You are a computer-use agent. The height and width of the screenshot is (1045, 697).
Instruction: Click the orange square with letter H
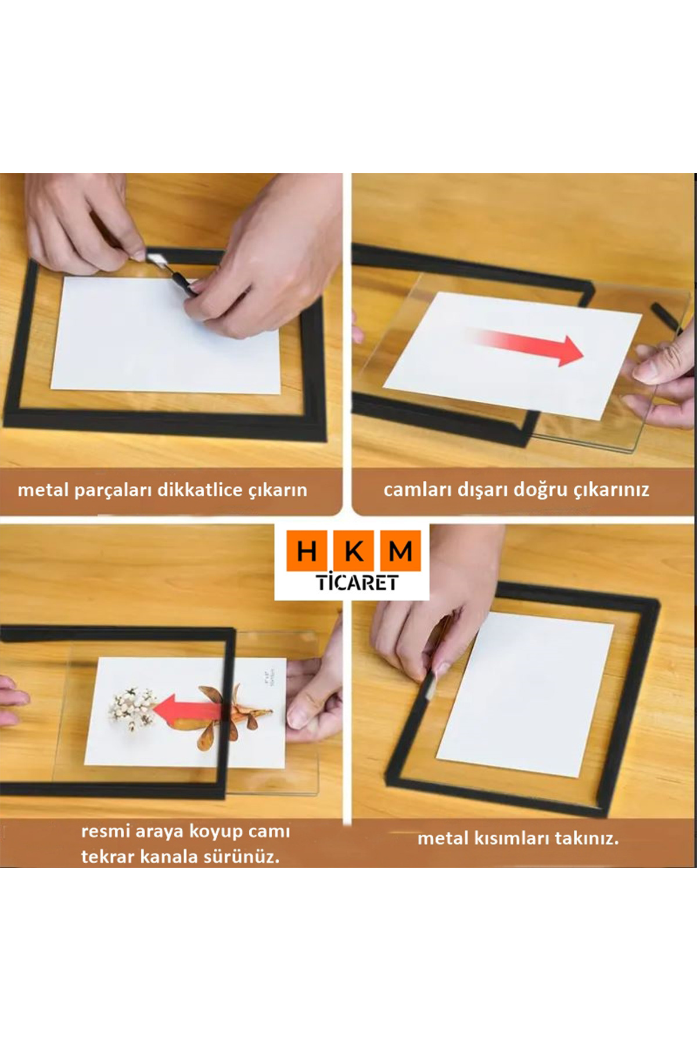(x=306, y=550)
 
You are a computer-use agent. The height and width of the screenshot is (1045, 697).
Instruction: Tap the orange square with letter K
(x=353, y=550)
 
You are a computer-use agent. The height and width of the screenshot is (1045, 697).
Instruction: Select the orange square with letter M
(x=400, y=550)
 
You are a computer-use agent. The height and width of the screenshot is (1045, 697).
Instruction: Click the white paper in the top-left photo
(x=166, y=334)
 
